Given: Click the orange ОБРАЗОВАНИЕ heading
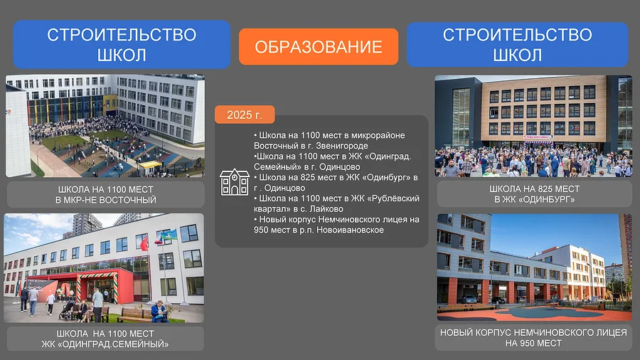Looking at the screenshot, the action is (319, 46).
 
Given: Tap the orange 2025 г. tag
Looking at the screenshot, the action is (245, 115).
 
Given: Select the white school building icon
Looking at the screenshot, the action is (234, 182).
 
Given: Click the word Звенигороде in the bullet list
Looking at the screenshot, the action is (342, 146).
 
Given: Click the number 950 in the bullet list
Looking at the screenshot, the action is (261, 230).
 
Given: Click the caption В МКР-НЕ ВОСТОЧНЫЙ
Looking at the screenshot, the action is (106, 200).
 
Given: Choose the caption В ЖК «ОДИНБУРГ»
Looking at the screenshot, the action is (534, 200).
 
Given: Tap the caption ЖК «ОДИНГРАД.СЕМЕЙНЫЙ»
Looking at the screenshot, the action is (105, 344).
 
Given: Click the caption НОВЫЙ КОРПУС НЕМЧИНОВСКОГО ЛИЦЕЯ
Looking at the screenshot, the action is (533, 333).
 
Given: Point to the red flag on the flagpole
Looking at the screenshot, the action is (144, 243).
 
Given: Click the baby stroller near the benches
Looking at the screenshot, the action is (66, 311).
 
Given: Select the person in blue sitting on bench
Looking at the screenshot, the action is (159, 312).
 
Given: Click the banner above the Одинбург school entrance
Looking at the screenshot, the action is (539, 137).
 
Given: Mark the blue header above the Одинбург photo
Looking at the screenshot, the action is (517, 45).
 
